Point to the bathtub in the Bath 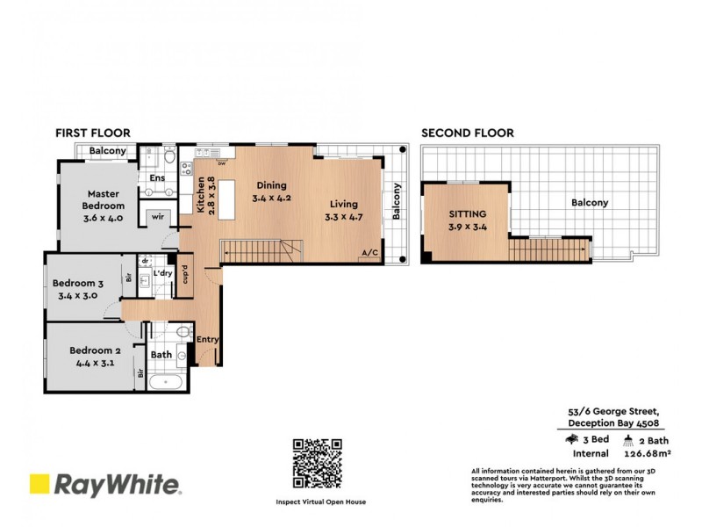164,383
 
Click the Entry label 208,340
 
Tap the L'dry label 162,274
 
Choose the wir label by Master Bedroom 158,215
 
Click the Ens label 158,178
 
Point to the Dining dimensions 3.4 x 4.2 270,199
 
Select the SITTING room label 468,213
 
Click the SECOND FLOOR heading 468,134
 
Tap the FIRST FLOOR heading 93,134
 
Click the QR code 318,465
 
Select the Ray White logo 105,484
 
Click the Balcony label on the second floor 590,202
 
